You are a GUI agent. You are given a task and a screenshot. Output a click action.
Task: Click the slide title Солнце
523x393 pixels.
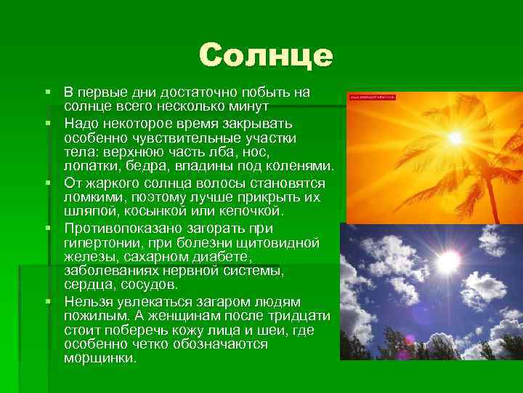[x=266, y=55]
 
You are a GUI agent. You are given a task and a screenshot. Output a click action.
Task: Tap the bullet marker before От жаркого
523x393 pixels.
[x=46, y=182]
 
